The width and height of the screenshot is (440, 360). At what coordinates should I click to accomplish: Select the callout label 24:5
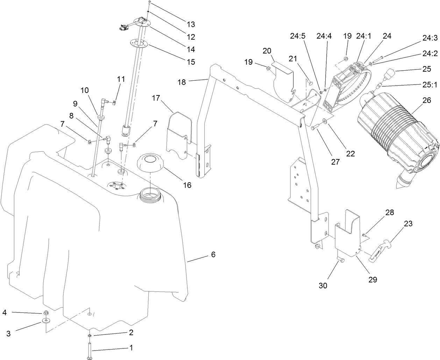[298, 36]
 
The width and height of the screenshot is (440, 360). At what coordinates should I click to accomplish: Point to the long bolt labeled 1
[90, 350]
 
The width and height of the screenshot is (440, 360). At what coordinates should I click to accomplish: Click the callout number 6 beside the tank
[213, 254]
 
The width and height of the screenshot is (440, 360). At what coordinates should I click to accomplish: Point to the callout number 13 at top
[191, 24]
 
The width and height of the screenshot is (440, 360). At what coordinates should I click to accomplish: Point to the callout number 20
[267, 51]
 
